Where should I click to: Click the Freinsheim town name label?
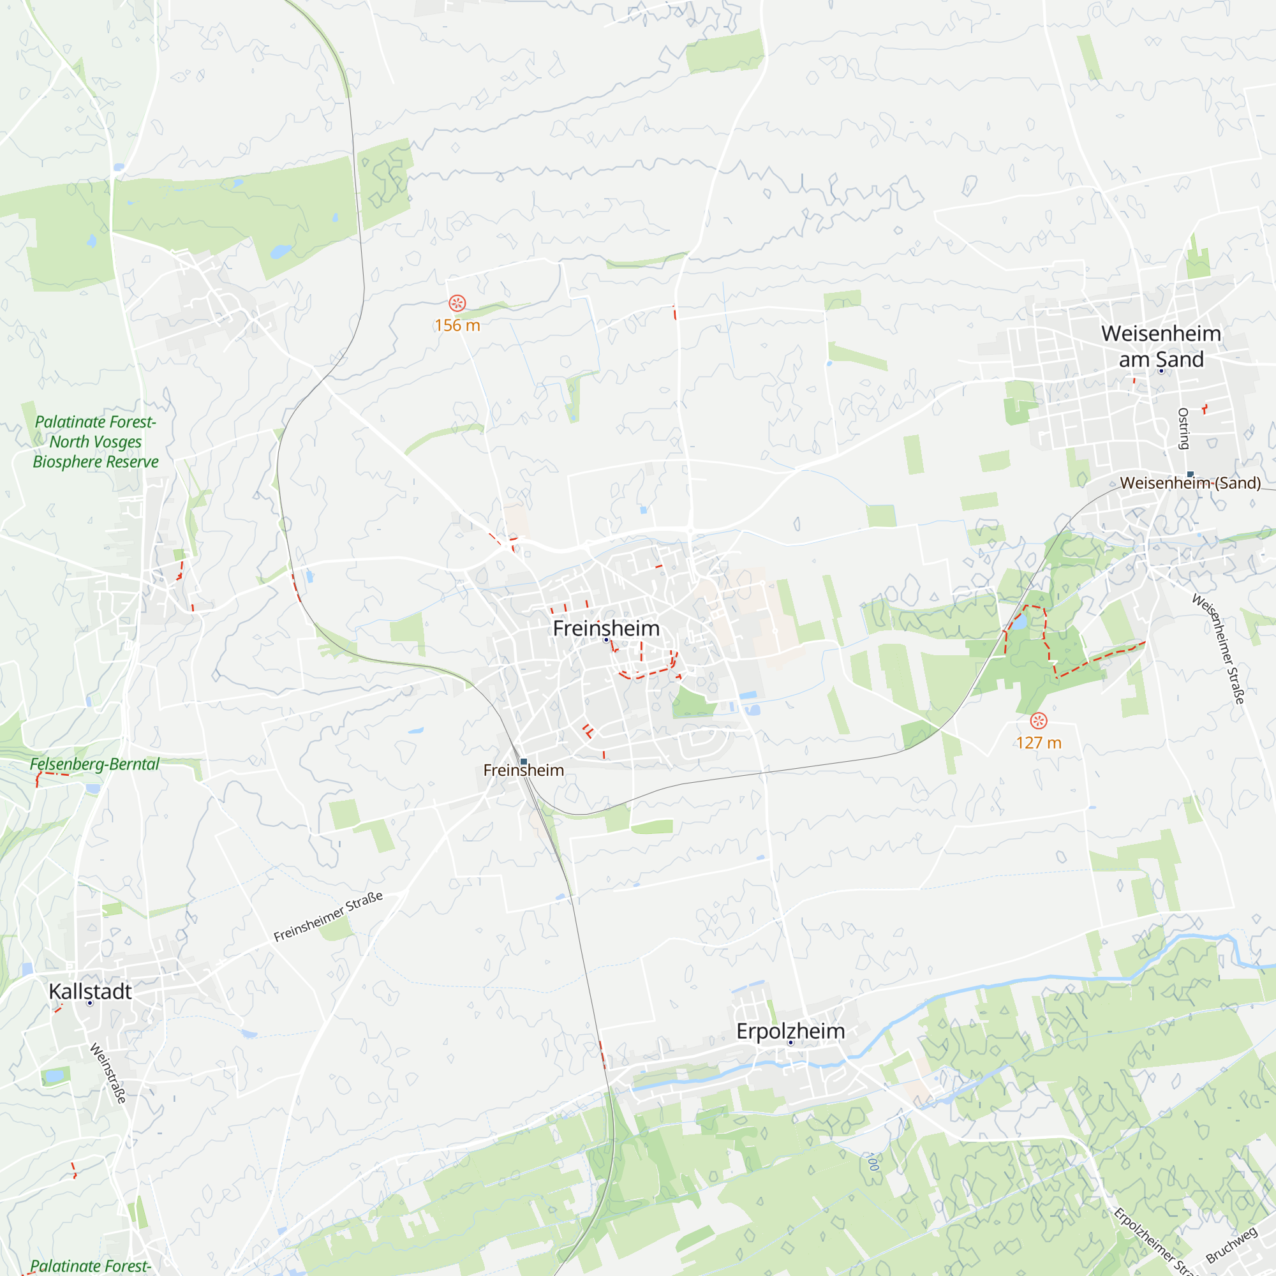tap(605, 628)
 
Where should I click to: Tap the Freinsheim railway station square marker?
tap(524, 762)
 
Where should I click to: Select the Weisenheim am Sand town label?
tap(1161, 346)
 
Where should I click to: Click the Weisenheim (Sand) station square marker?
tap(1190, 474)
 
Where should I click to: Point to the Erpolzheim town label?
tap(790, 1031)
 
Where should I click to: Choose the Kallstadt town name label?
tap(91, 991)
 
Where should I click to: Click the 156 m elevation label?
tap(457, 325)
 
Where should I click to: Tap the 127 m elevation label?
tap(1039, 743)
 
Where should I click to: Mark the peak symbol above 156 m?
tap(457, 303)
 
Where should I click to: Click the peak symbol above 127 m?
tap(1039, 720)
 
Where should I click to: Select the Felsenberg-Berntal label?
tap(94, 764)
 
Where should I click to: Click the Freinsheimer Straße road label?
tap(328, 916)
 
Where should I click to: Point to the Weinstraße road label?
tap(108, 1073)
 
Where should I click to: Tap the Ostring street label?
tap(1183, 429)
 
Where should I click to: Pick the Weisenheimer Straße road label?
tap(1219, 649)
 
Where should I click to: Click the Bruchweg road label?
tap(1232, 1245)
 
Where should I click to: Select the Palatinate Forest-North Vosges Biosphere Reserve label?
tap(96, 441)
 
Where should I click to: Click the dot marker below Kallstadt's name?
tap(91, 1003)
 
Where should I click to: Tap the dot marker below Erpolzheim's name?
tap(790, 1043)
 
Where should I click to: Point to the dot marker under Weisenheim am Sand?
tap(1161, 371)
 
